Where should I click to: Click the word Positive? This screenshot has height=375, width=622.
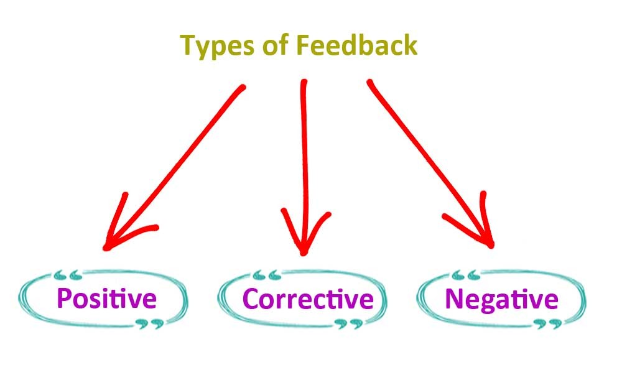tap(105, 299)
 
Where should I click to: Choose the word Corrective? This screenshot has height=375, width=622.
tap(308, 299)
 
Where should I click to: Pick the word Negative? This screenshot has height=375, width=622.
tap(501, 299)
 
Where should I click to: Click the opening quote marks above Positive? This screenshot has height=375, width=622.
tap(68, 274)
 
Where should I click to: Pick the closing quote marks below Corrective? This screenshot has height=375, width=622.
tap(348, 323)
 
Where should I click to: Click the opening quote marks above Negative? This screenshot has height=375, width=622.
tap(464, 274)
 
